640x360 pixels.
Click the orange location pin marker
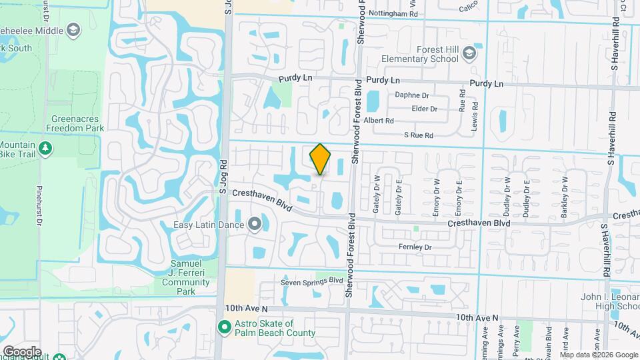point(320,159)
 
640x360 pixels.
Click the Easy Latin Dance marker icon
point(254,224)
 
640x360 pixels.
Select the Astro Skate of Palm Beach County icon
point(224,326)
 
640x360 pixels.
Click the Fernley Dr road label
point(415,247)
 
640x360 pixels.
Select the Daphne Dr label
point(415,95)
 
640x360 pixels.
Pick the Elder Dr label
point(425,109)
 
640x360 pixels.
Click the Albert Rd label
point(379,121)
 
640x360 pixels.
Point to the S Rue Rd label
point(419,135)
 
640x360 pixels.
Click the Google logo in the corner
point(22,351)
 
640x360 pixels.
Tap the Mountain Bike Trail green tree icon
point(45,147)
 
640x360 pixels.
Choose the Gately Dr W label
point(377,193)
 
